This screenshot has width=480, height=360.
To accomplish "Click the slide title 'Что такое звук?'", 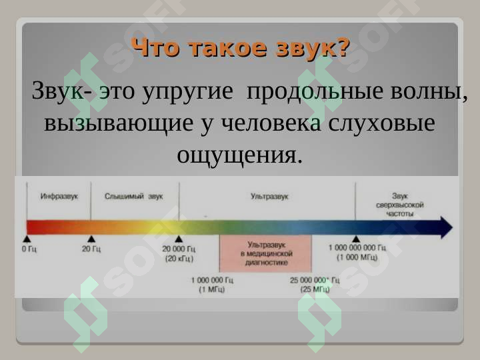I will point(241,48).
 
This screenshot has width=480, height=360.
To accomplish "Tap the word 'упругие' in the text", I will point(187,91).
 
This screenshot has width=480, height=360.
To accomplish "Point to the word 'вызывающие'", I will point(119,123).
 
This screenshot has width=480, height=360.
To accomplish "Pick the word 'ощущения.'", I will point(239,155).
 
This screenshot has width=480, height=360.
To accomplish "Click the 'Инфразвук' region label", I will point(59,197).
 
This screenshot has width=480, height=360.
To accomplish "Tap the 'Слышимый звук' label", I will point(133,197).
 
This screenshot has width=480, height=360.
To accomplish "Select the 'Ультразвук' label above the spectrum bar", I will point(269,197).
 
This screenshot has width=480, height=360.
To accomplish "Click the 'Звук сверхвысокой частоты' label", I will point(399,205).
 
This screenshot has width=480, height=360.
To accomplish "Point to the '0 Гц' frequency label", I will point(29,249).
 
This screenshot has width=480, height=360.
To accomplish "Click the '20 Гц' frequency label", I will point(91,249).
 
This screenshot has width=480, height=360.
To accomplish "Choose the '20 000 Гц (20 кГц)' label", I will point(179,253).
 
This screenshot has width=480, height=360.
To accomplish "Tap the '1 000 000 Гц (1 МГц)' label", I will point(212,285).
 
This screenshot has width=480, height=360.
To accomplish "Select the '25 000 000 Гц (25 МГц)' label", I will point(314,285).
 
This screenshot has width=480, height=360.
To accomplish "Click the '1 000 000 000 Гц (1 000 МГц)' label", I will point(357,253).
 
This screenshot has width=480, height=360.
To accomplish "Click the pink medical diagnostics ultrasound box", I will point(265,253).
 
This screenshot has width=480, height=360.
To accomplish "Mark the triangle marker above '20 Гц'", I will point(91,239).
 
